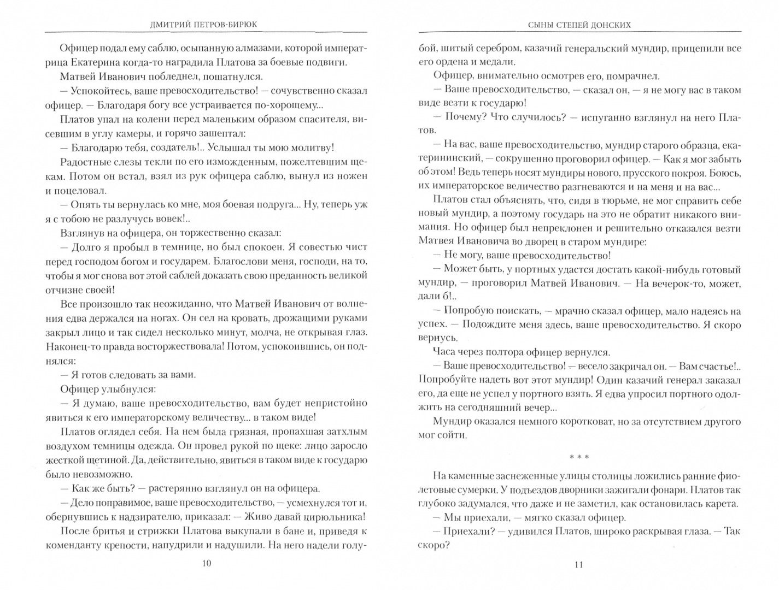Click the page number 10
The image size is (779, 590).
(206, 564)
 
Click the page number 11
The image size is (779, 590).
(579, 565)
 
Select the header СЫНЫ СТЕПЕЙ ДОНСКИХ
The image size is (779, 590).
(579, 25)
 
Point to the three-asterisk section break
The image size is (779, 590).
(579, 457)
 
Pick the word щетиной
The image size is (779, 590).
(107, 460)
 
